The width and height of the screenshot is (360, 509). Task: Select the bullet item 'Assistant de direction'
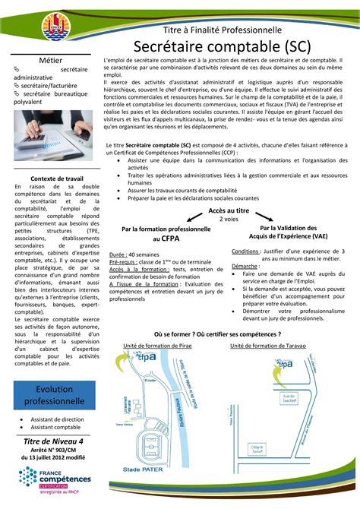[58, 419]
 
